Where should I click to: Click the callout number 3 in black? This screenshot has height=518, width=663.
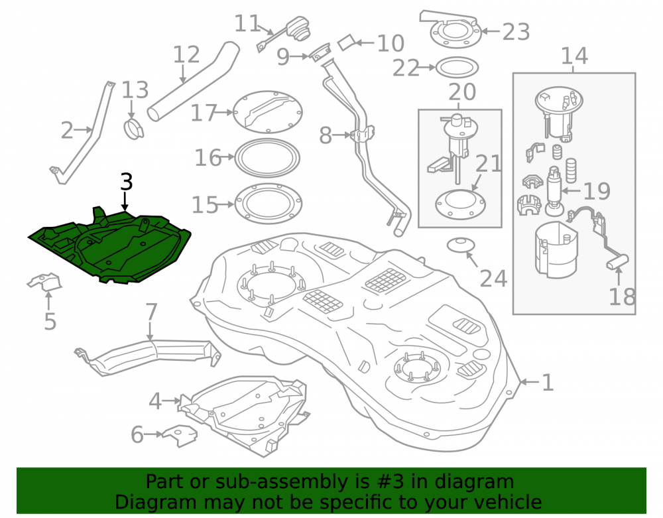tap(127, 182)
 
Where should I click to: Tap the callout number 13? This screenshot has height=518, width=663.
tap(135, 90)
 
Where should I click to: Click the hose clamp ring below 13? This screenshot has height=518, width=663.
tap(134, 129)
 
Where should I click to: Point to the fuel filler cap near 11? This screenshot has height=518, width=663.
tap(298, 29)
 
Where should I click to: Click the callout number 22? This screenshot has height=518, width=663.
tap(406, 68)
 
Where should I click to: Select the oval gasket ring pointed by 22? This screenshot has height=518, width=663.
tap(457, 67)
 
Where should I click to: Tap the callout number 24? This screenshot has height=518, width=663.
tap(493, 279)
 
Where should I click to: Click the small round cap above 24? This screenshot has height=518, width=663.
tap(461, 245)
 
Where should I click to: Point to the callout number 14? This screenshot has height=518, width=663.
tap(575, 56)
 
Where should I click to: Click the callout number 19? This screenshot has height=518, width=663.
tap(597, 191)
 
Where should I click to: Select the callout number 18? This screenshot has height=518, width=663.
tap(622, 296)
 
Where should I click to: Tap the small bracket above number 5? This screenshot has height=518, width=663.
tap(44, 282)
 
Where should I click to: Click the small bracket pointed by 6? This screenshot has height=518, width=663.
tap(180, 435)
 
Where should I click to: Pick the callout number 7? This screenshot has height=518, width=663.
tap(151, 312)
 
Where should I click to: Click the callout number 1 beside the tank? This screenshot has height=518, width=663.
tap(548, 383)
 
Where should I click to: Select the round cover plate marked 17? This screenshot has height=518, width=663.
tap(267, 113)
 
